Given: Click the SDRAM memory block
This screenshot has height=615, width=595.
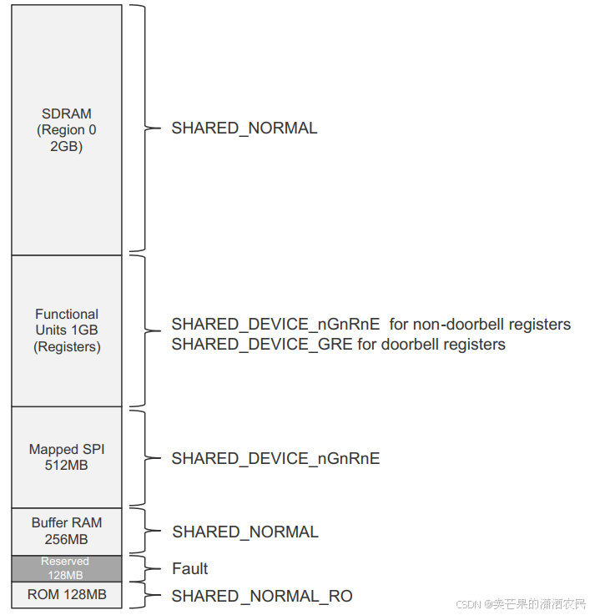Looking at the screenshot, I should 67,129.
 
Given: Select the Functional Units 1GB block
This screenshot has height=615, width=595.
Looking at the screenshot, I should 67,330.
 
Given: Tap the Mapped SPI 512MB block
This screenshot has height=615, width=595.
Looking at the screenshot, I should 67,456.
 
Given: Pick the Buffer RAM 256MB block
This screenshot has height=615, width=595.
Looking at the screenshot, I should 67,531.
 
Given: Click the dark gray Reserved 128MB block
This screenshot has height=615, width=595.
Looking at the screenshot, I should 67,568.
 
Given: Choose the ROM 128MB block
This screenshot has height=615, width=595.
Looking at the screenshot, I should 67,595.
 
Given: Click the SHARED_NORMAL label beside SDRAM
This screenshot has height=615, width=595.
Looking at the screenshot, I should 245,129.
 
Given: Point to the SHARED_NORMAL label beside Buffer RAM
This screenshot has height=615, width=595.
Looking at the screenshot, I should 245,532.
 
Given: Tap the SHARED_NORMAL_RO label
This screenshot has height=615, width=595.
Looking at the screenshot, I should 261,596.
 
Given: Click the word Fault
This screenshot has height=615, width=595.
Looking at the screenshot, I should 189,569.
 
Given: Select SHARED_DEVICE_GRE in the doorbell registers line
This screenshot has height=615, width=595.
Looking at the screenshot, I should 262,345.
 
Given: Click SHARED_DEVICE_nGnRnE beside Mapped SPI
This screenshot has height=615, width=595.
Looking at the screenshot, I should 275,458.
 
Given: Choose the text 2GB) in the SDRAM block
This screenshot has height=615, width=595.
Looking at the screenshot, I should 67,147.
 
